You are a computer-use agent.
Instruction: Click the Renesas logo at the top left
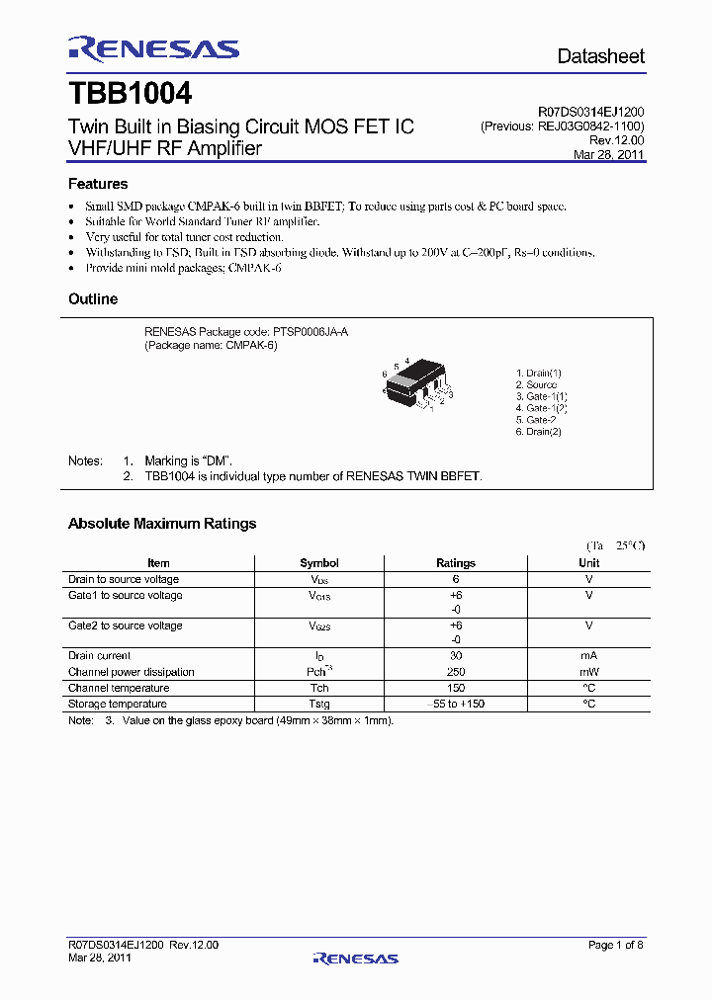(x=153, y=49)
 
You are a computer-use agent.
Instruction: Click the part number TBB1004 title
(x=130, y=95)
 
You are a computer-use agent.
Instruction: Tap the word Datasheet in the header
(x=600, y=56)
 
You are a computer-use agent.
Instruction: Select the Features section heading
(x=98, y=184)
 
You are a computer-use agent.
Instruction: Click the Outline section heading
(x=93, y=299)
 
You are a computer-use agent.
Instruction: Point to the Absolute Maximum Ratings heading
(x=162, y=524)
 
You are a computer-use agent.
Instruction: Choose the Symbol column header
(x=319, y=563)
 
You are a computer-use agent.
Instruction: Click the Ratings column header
(x=456, y=563)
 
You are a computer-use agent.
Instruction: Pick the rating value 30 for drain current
(x=456, y=656)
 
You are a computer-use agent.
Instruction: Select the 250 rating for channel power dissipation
(x=456, y=672)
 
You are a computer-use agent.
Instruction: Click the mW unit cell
(x=589, y=672)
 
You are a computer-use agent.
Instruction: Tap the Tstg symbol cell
(x=319, y=705)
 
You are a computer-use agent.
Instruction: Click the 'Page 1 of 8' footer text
(x=616, y=946)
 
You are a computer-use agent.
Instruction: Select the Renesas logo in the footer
(x=355, y=958)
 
